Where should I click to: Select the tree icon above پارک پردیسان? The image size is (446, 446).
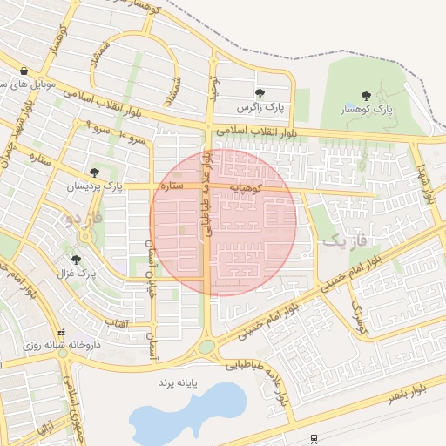click(x=94, y=172)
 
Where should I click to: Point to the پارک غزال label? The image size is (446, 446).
click(x=76, y=274)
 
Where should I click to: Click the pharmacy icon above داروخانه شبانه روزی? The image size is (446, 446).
click(x=61, y=332)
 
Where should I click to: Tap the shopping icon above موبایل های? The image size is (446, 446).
click(x=24, y=71)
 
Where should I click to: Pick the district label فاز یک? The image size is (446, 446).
click(x=346, y=238)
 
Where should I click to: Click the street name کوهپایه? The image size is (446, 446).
click(x=247, y=187)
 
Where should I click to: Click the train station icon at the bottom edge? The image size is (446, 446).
click(x=314, y=437)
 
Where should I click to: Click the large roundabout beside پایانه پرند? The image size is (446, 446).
click(x=206, y=348)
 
